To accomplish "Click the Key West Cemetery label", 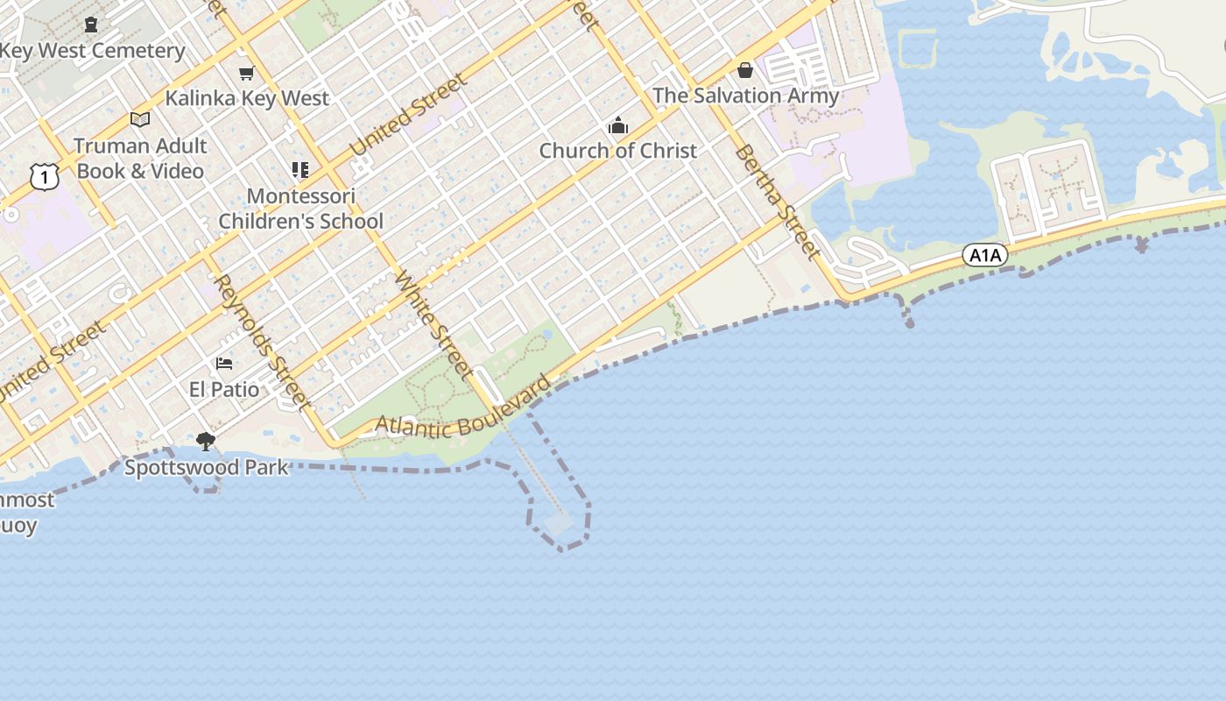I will click(93, 51).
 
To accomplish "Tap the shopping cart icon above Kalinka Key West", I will click(247, 73).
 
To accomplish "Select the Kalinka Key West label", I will click(247, 98).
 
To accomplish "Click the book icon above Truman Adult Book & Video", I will click(140, 120).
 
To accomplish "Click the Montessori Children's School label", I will click(301, 209).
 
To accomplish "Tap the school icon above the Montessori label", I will click(300, 169).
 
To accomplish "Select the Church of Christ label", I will click(618, 151).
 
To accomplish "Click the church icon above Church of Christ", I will click(618, 125).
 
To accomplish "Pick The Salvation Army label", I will click(745, 96).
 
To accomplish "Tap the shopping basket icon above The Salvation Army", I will click(745, 70).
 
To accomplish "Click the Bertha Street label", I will click(778, 202).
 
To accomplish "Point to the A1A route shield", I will click(985, 255).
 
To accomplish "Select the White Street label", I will click(434, 321).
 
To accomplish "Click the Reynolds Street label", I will click(263, 343).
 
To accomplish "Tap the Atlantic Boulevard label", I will click(464, 410).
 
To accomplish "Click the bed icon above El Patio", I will click(224, 364).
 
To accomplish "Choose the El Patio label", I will click(224, 389).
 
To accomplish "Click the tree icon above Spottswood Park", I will click(206, 441).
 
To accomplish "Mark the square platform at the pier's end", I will click(559, 524).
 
